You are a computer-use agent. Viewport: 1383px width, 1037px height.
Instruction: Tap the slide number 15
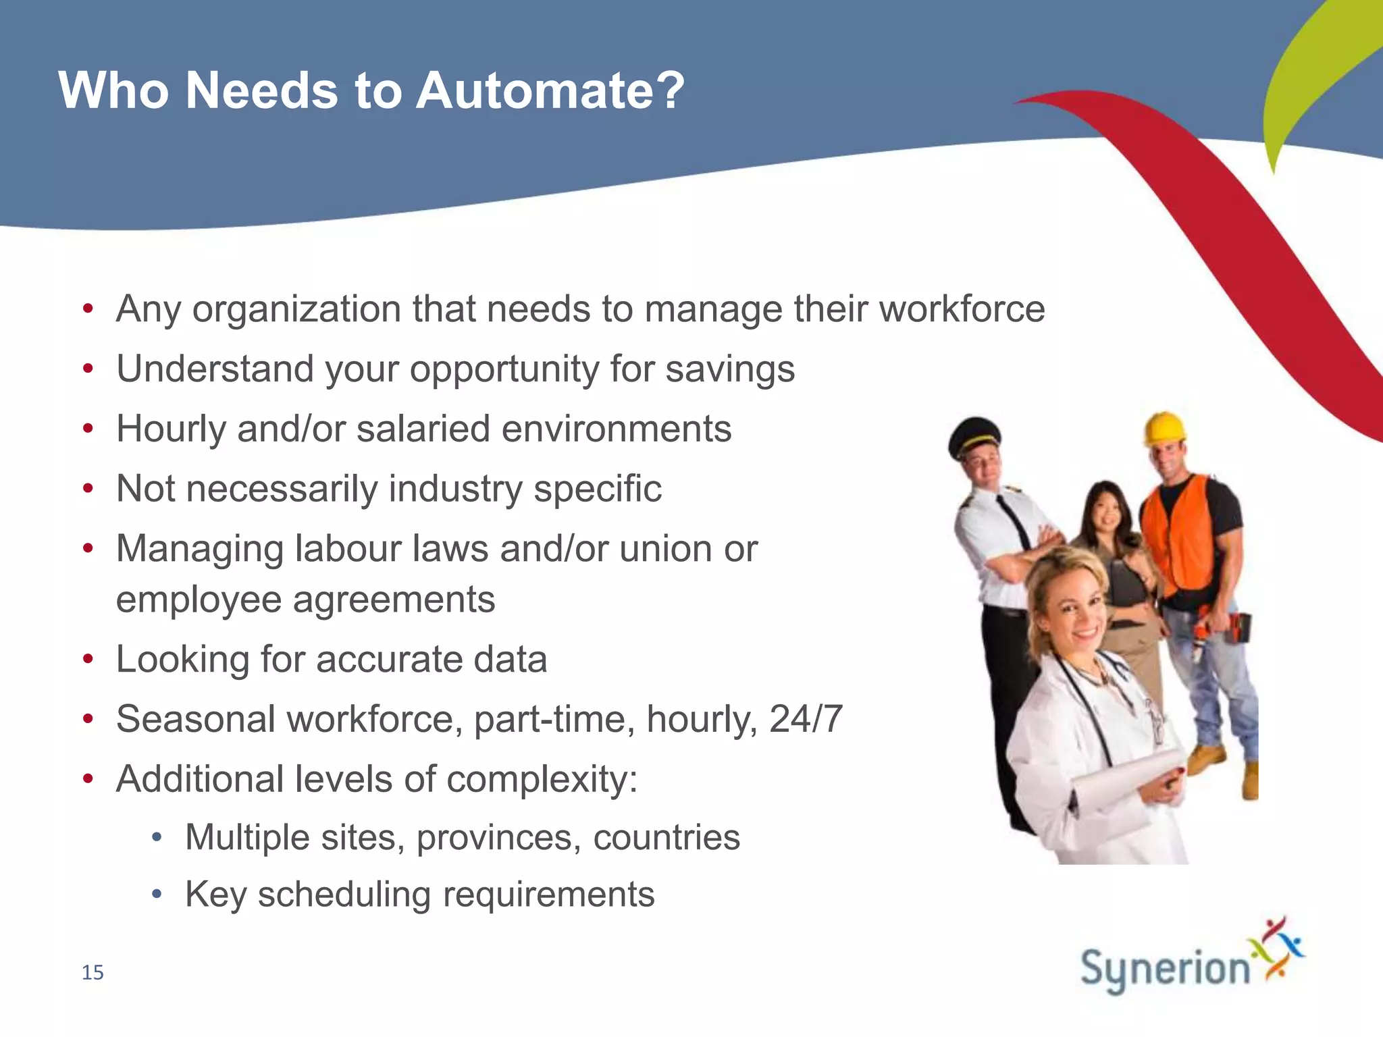[x=93, y=972]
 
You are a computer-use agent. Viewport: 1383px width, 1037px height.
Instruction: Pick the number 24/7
[x=806, y=719]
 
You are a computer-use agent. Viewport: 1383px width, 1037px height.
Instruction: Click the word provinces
[x=498, y=838]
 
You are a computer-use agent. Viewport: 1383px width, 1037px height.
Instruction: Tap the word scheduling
[x=344, y=895]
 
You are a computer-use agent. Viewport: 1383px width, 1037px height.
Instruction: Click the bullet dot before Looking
[x=88, y=659]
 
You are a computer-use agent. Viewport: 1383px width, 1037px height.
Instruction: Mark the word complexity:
[x=542, y=779]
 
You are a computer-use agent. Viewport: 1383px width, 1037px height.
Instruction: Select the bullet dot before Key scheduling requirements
[x=157, y=895]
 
